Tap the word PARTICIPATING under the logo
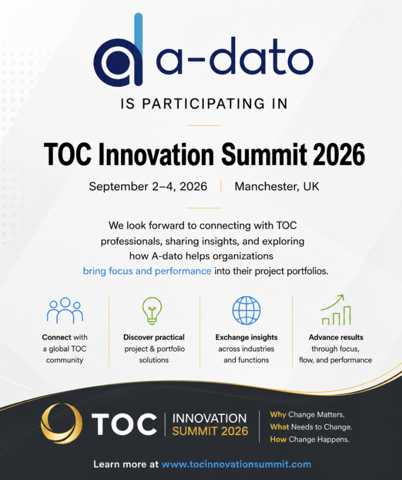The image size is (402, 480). click(203, 104)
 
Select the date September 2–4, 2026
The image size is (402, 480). click(148, 187)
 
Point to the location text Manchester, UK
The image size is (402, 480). click(277, 187)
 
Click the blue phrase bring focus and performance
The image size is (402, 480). click(147, 271)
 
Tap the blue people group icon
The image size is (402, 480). click(65, 310)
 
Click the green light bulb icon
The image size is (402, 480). click(152, 310)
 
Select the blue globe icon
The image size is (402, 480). click(246, 310)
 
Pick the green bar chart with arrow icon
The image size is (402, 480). click(335, 310)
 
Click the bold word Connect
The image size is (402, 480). click(57, 337)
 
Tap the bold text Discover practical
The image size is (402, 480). click(154, 337)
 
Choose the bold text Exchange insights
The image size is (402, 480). click(246, 337)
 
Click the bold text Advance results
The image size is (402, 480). click(336, 337)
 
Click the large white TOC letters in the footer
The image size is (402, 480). click(124, 424)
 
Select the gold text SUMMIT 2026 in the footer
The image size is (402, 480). click(210, 431)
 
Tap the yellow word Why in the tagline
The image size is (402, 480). click(278, 415)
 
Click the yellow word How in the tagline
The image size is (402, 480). click(278, 440)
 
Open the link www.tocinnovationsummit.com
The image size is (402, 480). click(236, 465)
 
